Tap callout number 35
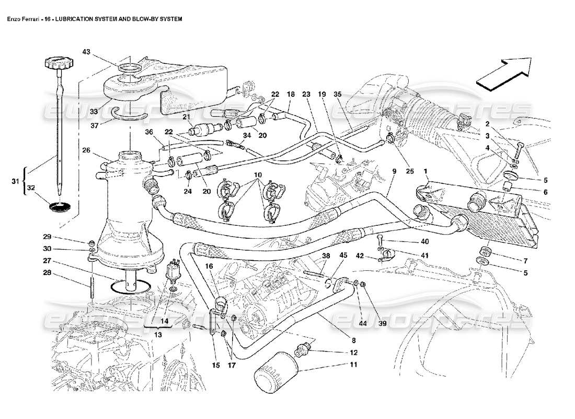coord(337,94)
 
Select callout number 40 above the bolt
coord(424,241)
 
